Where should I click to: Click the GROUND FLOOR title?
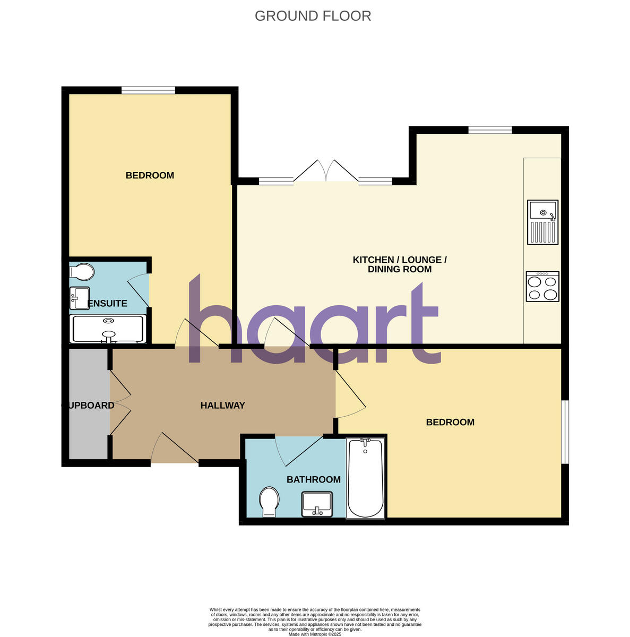(x=313, y=16)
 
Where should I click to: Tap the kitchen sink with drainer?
(x=542, y=222)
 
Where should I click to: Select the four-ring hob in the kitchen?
(x=542, y=287)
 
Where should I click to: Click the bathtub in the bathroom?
(x=365, y=478)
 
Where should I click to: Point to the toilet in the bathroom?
(x=270, y=502)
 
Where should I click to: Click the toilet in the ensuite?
(x=81, y=272)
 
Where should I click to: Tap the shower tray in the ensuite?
(x=108, y=329)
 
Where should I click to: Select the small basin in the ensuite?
(x=80, y=298)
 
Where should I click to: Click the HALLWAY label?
(x=222, y=406)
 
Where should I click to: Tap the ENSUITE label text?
(x=107, y=304)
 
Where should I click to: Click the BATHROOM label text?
(x=313, y=480)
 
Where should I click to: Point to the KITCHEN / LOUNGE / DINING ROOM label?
(x=400, y=264)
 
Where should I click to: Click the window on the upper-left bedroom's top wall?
(x=148, y=90)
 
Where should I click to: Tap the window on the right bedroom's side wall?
(x=565, y=432)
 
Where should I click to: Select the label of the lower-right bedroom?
(x=450, y=423)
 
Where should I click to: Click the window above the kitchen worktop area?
(x=490, y=130)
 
